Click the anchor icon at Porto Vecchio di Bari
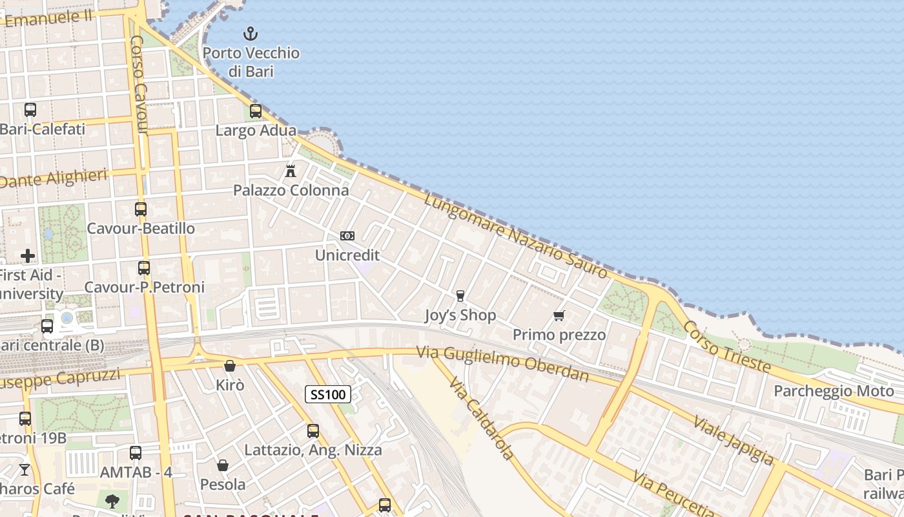click(x=250, y=34)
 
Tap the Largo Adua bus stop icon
click(x=256, y=111)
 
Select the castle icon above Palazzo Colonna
click(x=291, y=171)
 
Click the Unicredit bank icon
click(x=347, y=236)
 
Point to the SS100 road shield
click(x=328, y=394)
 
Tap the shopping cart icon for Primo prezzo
click(x=559, y=315)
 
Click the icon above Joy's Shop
click(x=460, y=296)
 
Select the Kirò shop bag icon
click(x=229, y=366)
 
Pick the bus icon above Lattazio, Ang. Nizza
click(x=313, y=430)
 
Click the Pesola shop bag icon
click(x=222, y=465)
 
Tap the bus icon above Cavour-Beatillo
click(x=141, y=209)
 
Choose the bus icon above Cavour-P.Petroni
click(x=144, y=268)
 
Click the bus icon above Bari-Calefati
click(x=30, y=110)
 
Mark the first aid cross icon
click(x=28, y=256)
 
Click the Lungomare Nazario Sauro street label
click(x=517, y=236)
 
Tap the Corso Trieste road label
click(x=727, y=346)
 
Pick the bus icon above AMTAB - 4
click(x=136, y=453)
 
